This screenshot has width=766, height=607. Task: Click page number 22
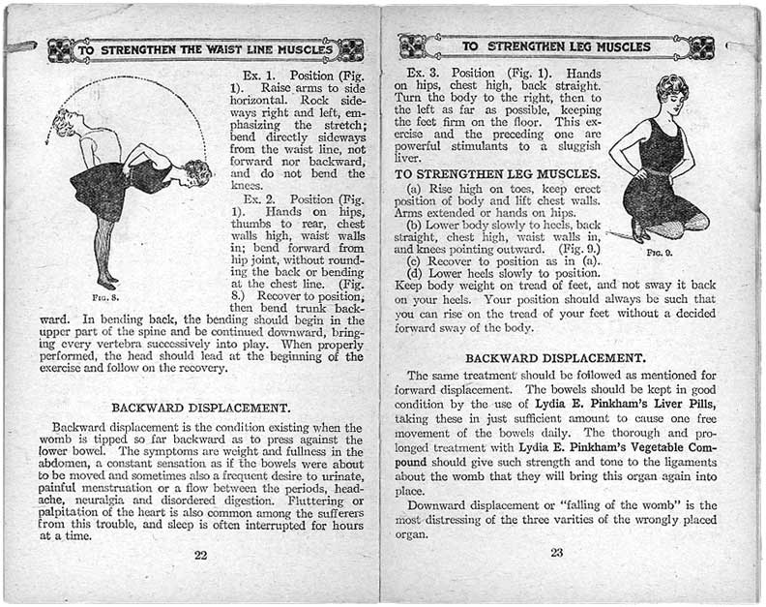coord(200,555)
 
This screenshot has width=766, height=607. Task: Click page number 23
coord(556,553)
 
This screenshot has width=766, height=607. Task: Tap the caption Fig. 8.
coord(105,297)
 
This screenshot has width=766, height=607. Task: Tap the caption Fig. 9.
coord(662,253)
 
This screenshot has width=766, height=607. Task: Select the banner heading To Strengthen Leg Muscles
coord(555,46)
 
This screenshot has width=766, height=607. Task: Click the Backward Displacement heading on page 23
coord(555,357)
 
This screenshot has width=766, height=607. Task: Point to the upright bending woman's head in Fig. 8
coord(66,123)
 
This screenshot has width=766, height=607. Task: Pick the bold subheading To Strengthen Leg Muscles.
coord(497,173)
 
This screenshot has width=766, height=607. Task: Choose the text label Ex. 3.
coord(424,74)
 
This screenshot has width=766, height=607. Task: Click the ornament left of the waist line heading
coord(59,49)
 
